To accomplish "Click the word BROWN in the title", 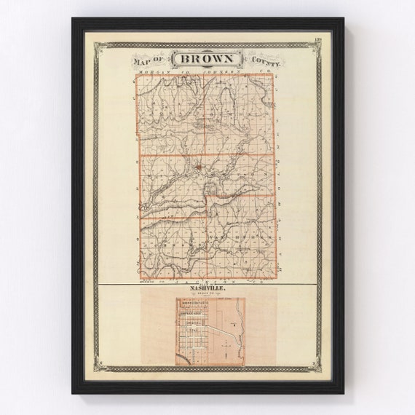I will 207,59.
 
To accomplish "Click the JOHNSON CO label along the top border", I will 218,72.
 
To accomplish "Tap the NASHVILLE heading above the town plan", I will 207,289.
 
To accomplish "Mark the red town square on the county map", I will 198,168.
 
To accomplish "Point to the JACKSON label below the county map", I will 207,280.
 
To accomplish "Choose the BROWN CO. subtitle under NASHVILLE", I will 207,295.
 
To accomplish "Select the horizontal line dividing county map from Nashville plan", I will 207,284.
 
